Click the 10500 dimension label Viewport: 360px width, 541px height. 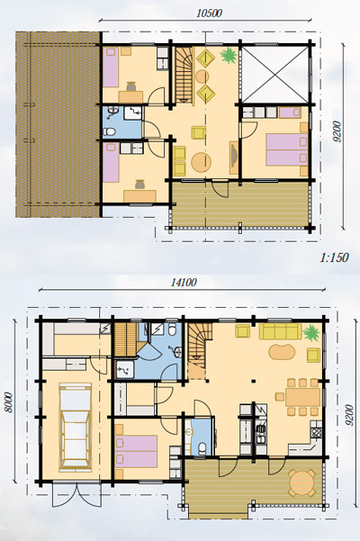coord(209,13)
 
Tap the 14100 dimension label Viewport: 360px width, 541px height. coord(184,283)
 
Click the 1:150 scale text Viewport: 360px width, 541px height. coord(334,257)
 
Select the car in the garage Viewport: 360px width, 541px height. coord(76,428)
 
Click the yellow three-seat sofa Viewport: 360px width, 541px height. coord(280,331)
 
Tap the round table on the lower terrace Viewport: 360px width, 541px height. coord(301,482)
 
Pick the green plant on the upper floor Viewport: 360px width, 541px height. coord(229,56)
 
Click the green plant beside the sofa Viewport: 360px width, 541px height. coord(311,332)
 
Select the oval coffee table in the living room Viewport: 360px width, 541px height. coord(282,352)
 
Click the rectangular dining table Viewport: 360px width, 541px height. coord(302,397)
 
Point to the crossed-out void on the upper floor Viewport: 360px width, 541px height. coord(274,74)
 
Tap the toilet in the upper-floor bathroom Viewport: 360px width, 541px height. coord(110,131)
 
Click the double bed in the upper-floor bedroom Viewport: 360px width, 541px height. coord(286,149)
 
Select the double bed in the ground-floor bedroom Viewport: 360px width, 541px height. coord(136,451)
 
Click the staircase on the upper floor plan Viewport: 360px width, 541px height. coord(184,74)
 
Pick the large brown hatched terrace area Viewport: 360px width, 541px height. coord(58,124)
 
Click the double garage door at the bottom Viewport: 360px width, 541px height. coord(76,494)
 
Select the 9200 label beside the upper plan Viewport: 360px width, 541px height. coord(337,131)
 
